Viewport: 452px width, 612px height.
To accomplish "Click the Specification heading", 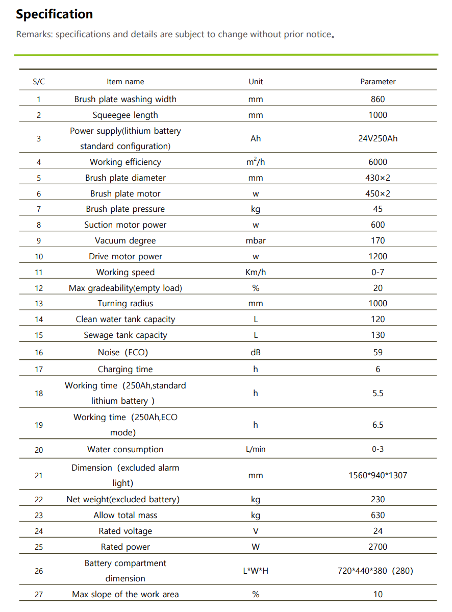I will pos(55,14).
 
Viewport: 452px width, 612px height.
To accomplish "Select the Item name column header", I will pos(125,82).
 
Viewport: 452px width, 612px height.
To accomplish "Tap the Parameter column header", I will pos(378,82).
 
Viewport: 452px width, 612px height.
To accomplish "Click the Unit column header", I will pos(256,82).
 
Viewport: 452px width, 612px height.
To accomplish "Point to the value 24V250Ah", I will pos(378,138).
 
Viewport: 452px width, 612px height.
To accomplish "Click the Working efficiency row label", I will pos(125,162).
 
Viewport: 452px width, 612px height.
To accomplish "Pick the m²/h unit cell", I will pos(256,162).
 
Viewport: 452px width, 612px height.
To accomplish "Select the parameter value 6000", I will pos(378,162).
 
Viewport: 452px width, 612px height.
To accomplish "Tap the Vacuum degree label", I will pos(125,240).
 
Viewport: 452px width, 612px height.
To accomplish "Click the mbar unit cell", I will pos(256,240).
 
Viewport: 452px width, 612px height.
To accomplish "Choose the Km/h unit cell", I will pos(256,272).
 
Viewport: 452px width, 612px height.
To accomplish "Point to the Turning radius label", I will pos(125,303).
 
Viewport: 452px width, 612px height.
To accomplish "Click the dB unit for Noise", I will pos(256,352).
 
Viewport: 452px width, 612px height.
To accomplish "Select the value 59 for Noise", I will pos(378,352).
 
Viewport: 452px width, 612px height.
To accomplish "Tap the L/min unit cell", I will pos(256,450).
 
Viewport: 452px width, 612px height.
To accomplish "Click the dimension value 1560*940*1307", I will pos(378,475).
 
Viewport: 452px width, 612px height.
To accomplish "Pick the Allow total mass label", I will pos(125,515).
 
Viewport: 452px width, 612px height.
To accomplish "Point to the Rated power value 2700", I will pos(378,547).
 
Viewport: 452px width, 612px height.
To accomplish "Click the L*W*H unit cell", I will pos(256,571).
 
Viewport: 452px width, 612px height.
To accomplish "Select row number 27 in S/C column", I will pos(39,594).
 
